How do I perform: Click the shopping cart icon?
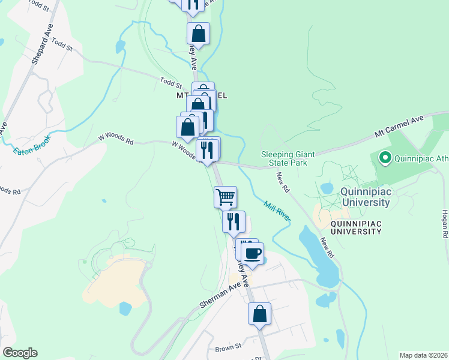click(225, 196)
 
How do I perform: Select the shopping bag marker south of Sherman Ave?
click(259, 314)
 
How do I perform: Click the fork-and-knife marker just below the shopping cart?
click(234, 221)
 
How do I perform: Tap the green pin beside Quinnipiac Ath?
click(384, 159)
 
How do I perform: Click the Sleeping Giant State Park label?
click(284, 158)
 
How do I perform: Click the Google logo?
click(20, 353)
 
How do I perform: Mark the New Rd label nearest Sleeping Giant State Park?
click(283, 182)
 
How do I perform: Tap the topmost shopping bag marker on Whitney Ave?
click(198, 33)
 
